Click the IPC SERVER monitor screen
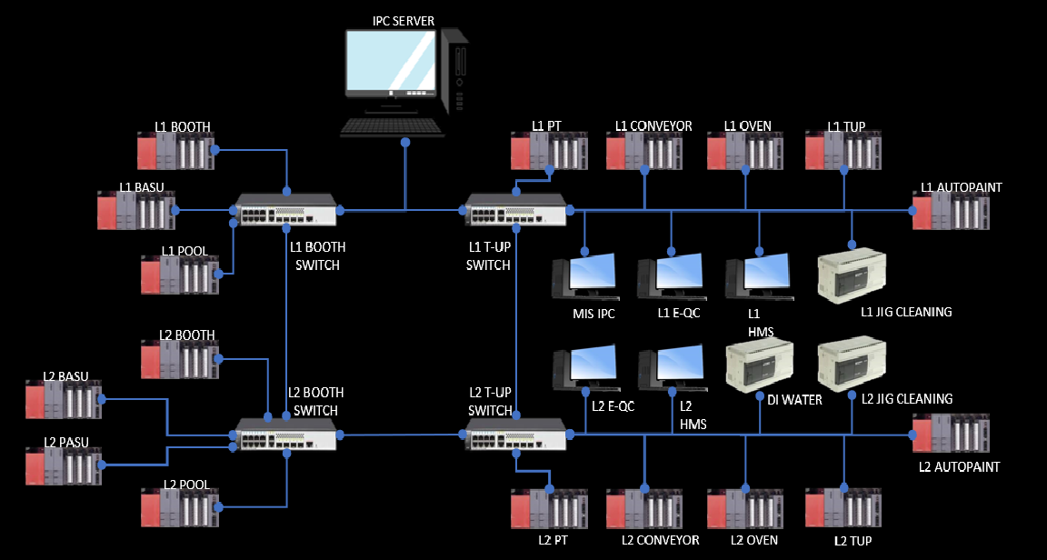(390, 61)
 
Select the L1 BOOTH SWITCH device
(286, 210)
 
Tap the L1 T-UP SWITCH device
(515, 210)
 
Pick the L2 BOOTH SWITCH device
(286, 435)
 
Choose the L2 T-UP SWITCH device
(515, 435)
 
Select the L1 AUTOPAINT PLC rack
(951, 210)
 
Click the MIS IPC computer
(584, 276)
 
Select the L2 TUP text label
(853, 541)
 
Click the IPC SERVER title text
(404, 20)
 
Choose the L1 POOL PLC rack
(180, 275)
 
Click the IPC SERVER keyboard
(393, 128)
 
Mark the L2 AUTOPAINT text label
(960, 466)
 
